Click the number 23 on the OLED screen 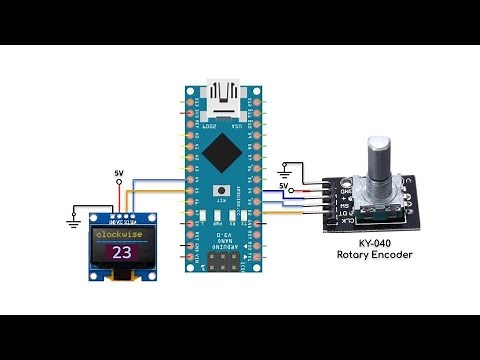point(122,252)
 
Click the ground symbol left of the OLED point(74,213)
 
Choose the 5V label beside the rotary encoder point(284,186)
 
